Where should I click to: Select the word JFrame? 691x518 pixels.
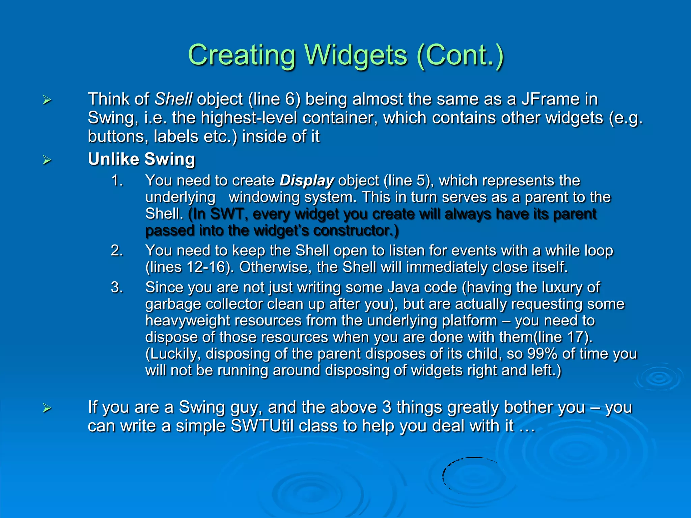click(x=550, y=99)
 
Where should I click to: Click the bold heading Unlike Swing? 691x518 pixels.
click(x=141, y=159)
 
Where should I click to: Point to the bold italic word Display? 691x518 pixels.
click(x=306, y=181)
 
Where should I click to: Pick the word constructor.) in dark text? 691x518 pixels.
click(x=356, y=231)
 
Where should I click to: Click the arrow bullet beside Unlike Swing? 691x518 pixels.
click(x=47, y=160)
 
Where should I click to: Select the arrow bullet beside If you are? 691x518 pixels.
click(x=47, y=408)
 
